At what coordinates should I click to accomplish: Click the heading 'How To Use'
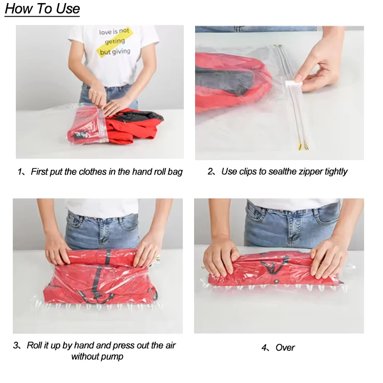click(x=42, y=9)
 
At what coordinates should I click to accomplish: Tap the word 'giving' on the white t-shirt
click(x=121, y=52)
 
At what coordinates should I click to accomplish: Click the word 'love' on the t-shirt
click(x=105, y=32)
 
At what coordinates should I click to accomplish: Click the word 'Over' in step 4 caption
click(x=285, y=348)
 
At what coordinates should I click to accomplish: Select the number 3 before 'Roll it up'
click(x=16, y=345)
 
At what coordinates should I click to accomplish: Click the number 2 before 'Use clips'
click(x=210, y=171)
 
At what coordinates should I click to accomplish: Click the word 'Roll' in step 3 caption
click(x=34, y=345)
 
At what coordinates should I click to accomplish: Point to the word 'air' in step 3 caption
click(x=170, y=346)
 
